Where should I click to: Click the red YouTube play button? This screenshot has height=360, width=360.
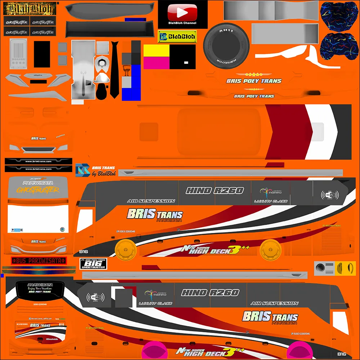[183, 13]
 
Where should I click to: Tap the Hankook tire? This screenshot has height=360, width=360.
[226, 45]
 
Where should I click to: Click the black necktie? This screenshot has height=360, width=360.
[114, 70]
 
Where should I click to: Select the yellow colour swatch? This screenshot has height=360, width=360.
[157, 51]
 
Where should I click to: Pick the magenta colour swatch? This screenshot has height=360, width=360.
[157, 63]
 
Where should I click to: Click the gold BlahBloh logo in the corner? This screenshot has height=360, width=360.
[30, 8]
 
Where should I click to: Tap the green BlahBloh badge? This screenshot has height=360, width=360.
[177, 36]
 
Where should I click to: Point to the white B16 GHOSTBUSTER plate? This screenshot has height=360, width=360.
[93, 264]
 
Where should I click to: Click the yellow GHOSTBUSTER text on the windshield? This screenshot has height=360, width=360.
[38, 190]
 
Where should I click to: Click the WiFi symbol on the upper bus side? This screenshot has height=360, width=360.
[330, 195]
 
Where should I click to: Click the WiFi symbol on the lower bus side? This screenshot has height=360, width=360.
[95, 297]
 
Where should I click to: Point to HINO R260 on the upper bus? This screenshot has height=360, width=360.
[215, 191]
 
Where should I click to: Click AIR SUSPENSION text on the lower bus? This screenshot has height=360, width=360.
[274, 303]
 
